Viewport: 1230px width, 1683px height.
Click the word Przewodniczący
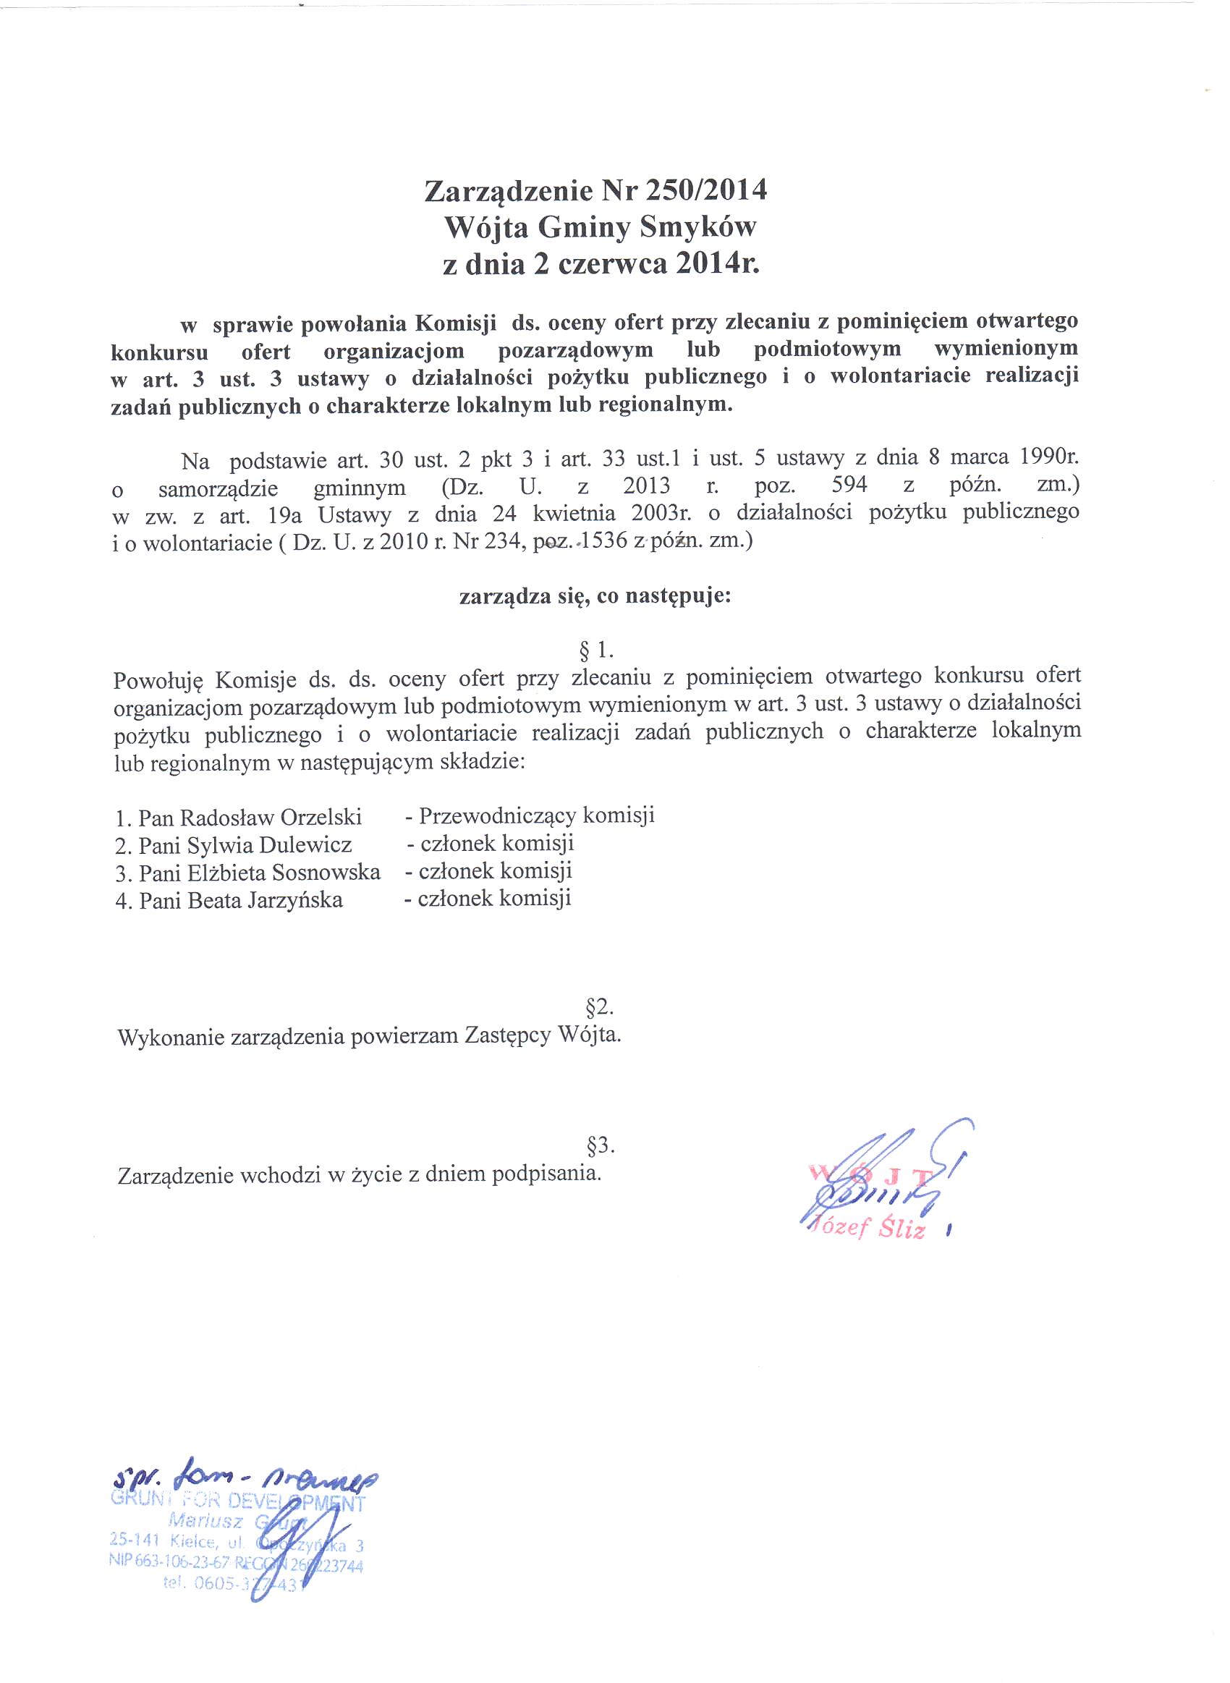(x=497, y=816)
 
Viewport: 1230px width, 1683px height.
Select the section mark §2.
(x=599, y=1007)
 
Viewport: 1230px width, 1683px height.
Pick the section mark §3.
(x=600, y=1146)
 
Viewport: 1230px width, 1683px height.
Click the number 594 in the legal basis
(x=849, y=486)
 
